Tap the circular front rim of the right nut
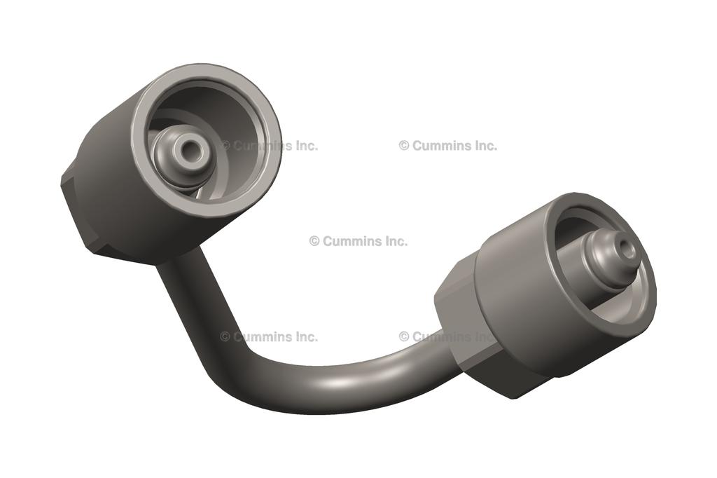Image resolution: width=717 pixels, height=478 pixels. [648, 294]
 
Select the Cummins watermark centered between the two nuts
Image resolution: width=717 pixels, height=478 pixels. [358, 241]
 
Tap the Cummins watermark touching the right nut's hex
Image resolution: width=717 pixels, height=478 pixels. [448, 336]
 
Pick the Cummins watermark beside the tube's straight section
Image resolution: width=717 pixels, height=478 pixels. [269, 336]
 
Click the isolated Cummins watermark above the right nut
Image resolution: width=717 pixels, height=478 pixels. [448, 146]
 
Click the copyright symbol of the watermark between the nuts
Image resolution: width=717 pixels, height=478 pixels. [314, 241]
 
